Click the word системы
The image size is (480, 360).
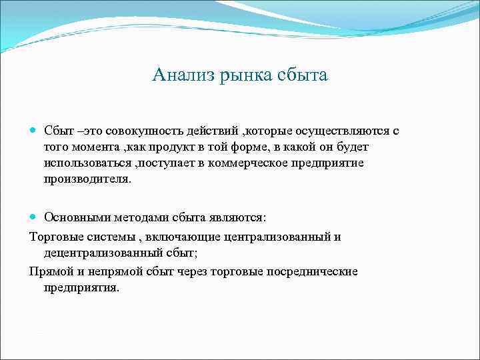pos(109,237)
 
